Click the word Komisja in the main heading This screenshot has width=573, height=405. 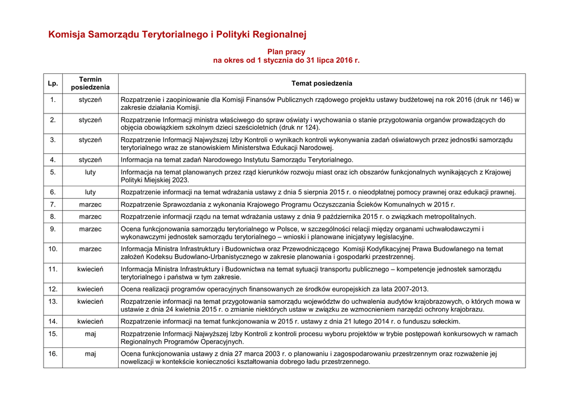click(67, 35)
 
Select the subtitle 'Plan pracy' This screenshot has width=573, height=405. click(286, 51)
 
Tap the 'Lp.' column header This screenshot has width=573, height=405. click(53, 83)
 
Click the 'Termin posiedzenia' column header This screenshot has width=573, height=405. click(90, 83)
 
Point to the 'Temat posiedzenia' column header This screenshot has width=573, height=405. click(322, 83)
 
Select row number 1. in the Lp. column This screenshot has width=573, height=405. click(53, 100)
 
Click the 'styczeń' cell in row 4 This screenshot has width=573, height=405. click(90, 160)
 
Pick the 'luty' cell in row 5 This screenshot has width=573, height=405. click(90, 172)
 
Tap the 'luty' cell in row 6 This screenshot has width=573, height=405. click(90, 192)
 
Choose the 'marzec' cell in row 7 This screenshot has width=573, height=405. click(90, 204)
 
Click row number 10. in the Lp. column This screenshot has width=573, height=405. click(53, 249)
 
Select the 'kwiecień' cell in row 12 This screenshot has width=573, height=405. click(90, 289)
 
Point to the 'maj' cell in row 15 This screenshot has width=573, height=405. click(90, 334)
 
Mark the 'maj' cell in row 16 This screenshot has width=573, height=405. click(90, 354)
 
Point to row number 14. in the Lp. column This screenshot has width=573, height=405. click(53, 321)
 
